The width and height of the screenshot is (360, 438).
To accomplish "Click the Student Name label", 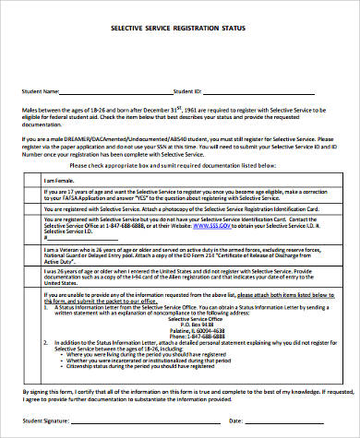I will [x=40, y=91].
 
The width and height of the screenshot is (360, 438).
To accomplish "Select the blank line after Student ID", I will [x=268, y=92].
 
